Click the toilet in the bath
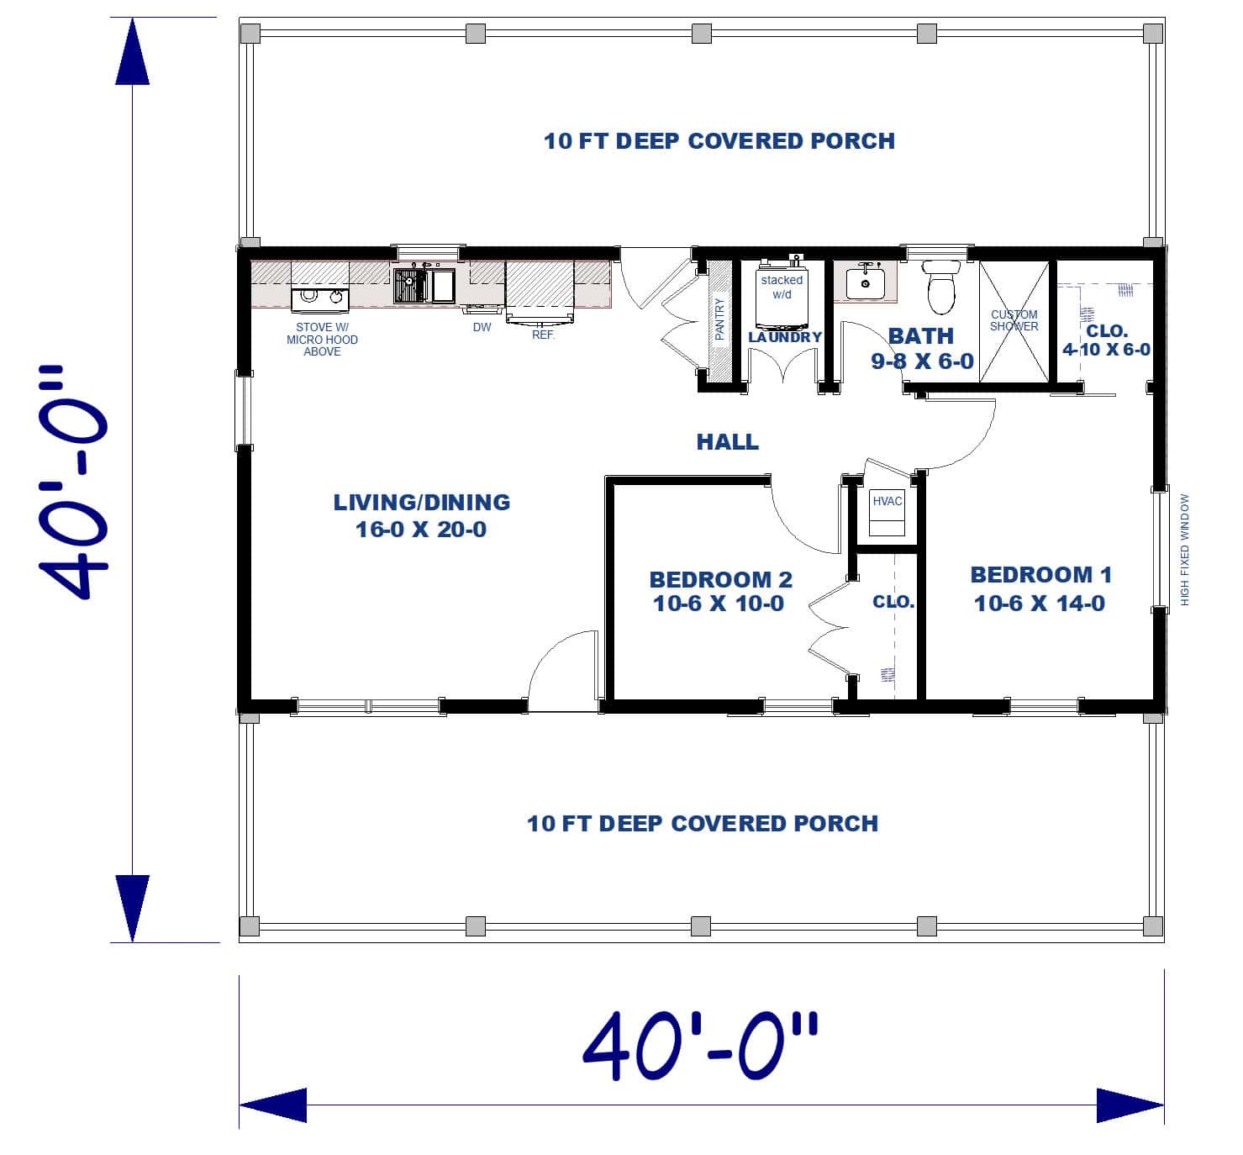pos(941,286)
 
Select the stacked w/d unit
pos(782,299)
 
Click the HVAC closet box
pos(887,512)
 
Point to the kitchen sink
pos(424,284)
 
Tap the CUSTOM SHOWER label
pos(1014,320)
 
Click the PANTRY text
pos(719,319)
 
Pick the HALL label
pos(728,441)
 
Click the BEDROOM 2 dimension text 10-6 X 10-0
pos(719,604)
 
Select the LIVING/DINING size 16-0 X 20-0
pos(421,530)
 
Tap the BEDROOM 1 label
pos(1040,575)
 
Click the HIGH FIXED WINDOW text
pos(1185,549)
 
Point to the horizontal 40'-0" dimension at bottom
pos(700,1047)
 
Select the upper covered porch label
pos(719,141)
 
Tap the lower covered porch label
pos(703,823)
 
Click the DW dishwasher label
pos(482,327)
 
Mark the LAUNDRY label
pos(785,337)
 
